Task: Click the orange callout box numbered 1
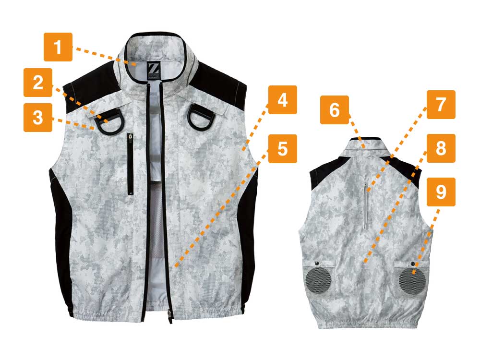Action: pos(58,47)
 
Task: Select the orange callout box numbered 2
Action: pos(38,83)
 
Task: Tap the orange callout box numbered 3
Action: pos(38,118)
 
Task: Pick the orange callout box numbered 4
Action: pos(283,100)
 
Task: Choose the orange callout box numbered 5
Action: pos(283,148)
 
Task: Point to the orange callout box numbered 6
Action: pos(335,110)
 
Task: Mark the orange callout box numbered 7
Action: pos(441,105)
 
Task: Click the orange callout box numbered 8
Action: pos(441,148)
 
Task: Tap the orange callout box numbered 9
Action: pos(441,192)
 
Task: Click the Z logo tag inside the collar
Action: pos(152,72)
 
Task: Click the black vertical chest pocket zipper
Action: pos(130,164)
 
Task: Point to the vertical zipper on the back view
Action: pos(366,206)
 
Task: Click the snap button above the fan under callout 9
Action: pos(413,264)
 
